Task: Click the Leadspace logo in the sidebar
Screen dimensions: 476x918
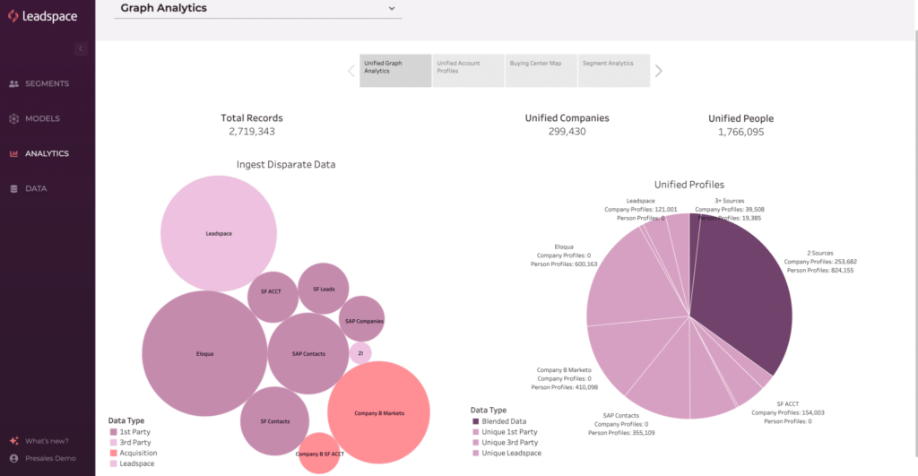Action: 43,16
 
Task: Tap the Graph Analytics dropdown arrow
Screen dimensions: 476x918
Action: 392,8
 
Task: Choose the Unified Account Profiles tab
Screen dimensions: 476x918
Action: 468,70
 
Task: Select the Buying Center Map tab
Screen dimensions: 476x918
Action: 541,70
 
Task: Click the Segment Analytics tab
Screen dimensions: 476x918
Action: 614,70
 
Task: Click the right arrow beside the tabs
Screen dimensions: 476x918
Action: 659,71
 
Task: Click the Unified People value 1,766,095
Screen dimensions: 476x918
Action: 740,132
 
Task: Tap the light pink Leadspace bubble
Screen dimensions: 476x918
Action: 219,233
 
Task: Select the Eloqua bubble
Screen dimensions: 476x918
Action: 204,353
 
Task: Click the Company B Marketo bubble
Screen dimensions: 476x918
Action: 380,412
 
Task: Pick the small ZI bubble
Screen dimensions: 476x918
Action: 360,353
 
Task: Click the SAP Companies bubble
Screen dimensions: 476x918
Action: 363,320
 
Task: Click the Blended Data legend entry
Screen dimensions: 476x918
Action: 503,420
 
